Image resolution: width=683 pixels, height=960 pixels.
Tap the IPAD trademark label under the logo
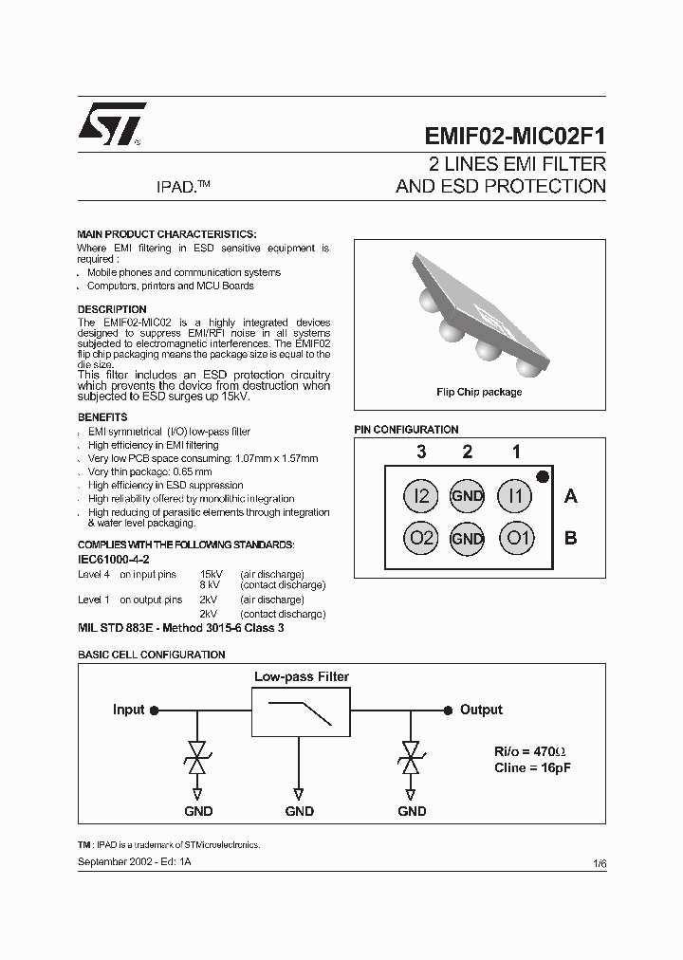pyautogui.click(x=181, y=187)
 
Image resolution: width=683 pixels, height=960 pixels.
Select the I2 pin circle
pyautogui.click(x=420, y=495)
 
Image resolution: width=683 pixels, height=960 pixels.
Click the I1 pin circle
pyautogui.click(x=516, y=495)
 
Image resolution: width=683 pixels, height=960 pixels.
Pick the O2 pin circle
pyautogui.click(x=420, y=539)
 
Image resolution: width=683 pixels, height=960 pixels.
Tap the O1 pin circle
pyautogui.click(x=516, y=539)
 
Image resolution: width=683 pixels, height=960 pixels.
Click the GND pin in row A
pyautogui.click(x=468, y=495)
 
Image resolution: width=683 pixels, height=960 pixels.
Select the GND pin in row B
pyautogui.click(x=468, y=539)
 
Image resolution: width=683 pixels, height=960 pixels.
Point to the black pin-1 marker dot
pyautogui.click(x=542, y=476)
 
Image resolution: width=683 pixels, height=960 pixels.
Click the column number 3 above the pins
pyautogui.click(x=419, y=452)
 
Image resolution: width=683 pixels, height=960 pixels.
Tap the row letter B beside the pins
pyautogui.click(x=571, y=538)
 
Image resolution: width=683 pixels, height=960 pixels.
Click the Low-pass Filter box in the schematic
pyautogui.click(x=300, y=710)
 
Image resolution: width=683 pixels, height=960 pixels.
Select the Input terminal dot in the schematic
pyautogui.click(x=155, y=710)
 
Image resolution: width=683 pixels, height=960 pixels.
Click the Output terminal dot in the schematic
pyautogui.click(x=448, y=710)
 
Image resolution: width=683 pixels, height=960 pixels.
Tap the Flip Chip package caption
pyautogui.click(x=479, y=392)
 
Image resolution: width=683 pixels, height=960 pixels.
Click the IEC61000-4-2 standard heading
pyautogui.click(x=114, y=560)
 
